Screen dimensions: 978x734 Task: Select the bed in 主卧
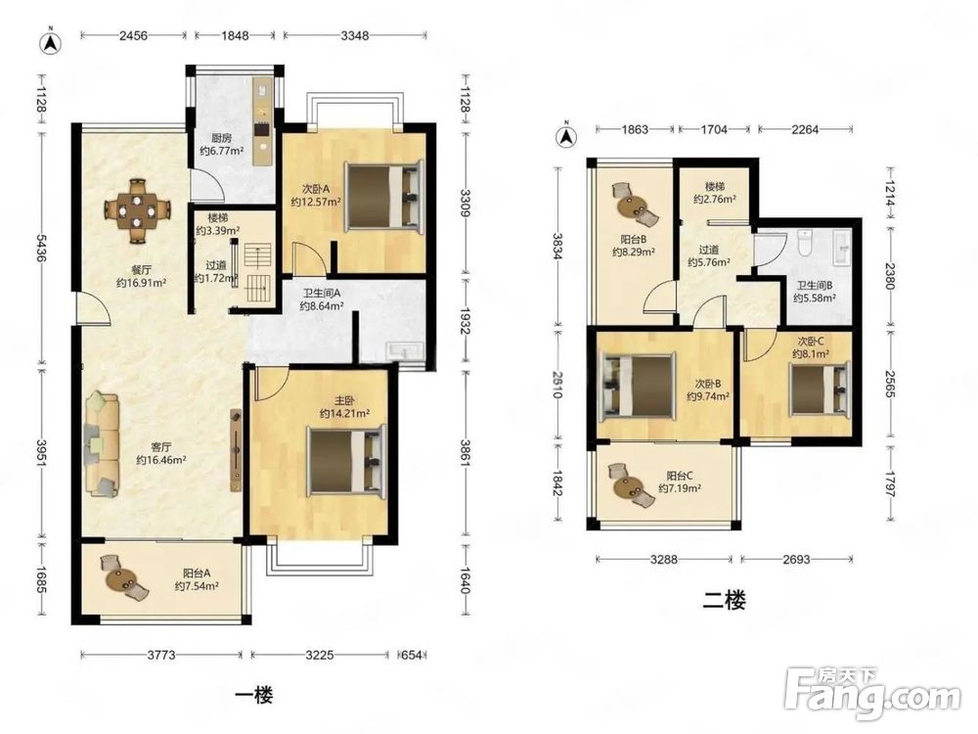point(346,459)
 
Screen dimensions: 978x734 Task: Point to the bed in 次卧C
point(819,390)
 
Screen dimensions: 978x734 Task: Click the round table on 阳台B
point(633,205)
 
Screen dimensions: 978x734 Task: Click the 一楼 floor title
point(254,694)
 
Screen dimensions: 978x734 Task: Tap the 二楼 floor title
point(724,601)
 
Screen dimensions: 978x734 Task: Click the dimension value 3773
point(161,655)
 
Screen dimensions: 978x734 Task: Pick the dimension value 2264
point(805,130)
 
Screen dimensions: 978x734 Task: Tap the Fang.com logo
point(872,694)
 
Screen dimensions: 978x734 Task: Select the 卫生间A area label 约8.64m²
point(321,306)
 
